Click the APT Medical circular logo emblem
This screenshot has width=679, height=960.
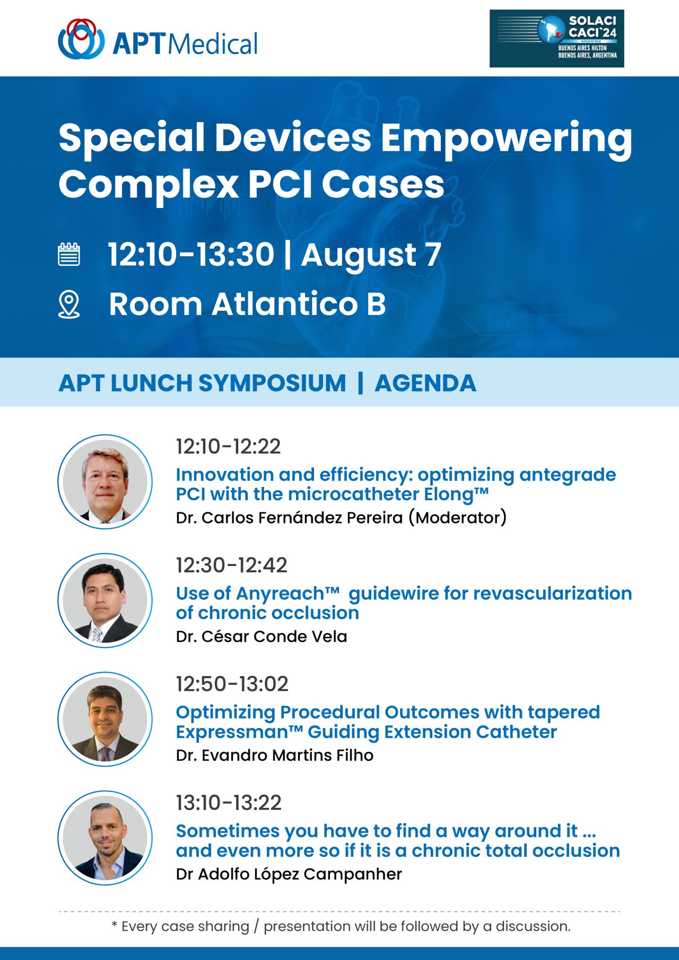pos(81,39)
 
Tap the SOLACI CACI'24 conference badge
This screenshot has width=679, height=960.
pos(556,39)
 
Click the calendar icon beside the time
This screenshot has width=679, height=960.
pos(69,254)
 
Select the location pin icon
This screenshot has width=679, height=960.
pos(69,304)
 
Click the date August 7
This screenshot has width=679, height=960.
pos(371,255)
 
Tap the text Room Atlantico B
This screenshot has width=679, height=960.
pos(247,304)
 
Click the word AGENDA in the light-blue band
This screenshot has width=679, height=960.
pos(425,383)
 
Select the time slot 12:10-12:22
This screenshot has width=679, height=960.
pos(228,447)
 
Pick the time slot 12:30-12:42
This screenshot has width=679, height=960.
pos(232,565)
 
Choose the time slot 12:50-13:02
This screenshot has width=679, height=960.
pos(232,684)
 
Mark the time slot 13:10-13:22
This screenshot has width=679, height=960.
pos(229,803)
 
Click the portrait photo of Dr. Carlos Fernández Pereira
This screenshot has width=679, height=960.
pos(105,482)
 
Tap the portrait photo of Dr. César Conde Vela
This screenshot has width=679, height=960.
pos(105,600)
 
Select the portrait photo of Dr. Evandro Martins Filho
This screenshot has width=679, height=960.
pos(105,719)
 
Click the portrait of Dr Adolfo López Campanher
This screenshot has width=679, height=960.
pos(105,838)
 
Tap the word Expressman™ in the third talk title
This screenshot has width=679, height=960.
pos(239,732)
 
